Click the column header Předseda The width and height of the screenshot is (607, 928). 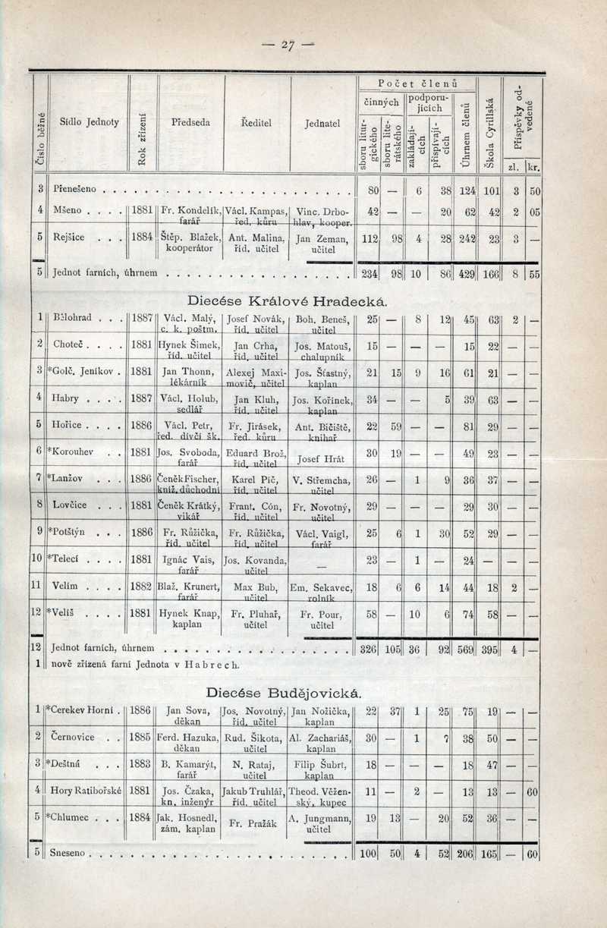click(190, 121)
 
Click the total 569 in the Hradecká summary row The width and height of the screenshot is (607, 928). click(467, 649)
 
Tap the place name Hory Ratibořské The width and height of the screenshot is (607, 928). click(84, 790)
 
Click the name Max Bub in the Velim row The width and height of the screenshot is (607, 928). click(253, 587)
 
